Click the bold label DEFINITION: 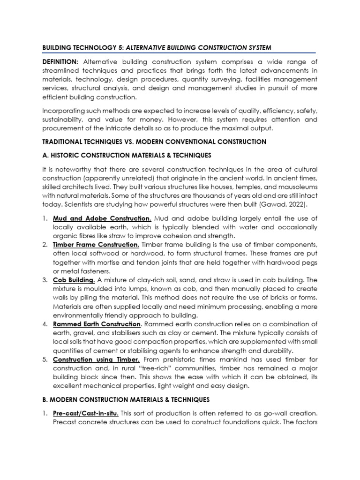[x=60, y=62]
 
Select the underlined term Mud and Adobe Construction [x=102, y=218]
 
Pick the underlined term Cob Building [x=74, y=280]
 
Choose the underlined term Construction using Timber [x=96, y=359]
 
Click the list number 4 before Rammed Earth [x=44, y=324]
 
